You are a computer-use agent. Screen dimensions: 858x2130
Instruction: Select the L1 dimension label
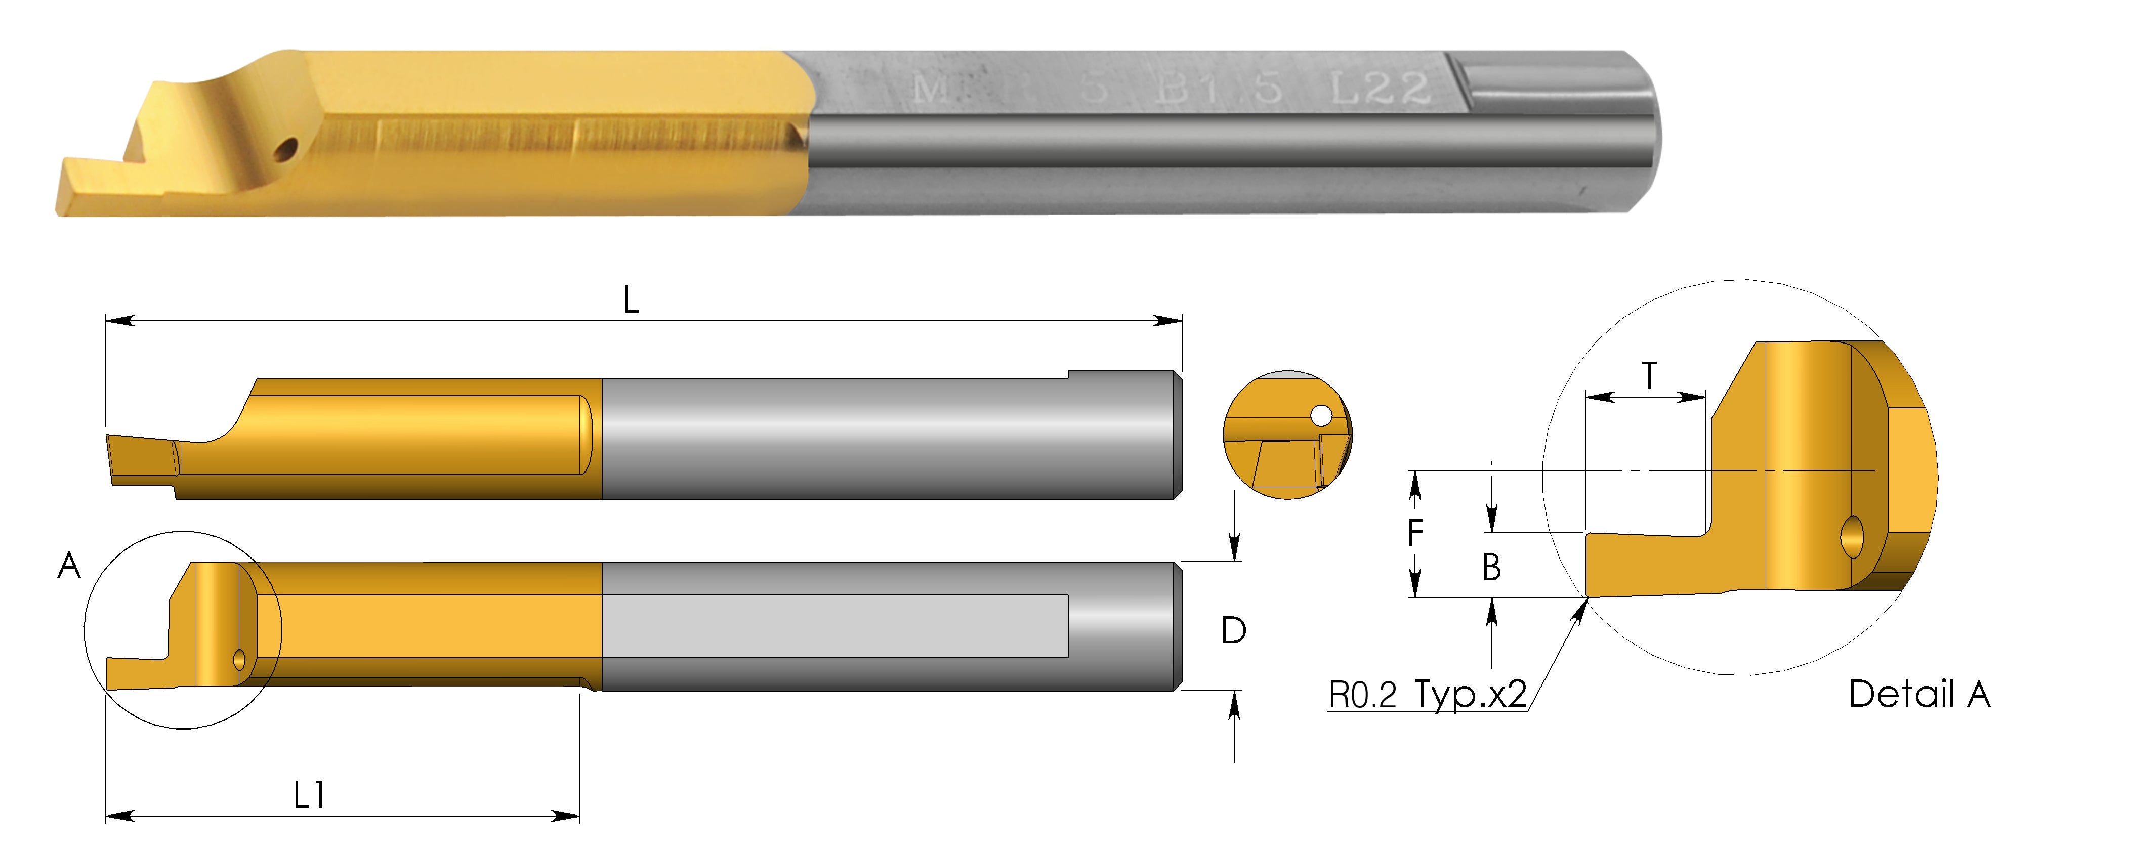[309, 796]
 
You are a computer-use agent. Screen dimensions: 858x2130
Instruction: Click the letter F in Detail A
[1415, 533]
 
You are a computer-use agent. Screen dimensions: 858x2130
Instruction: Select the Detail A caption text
[1919, 694]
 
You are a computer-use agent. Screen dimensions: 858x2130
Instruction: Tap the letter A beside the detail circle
[69, 566]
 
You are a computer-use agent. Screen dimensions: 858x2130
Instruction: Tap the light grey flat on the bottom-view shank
[835, 626]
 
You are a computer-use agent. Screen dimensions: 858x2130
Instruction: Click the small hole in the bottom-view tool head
[240, 659]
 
